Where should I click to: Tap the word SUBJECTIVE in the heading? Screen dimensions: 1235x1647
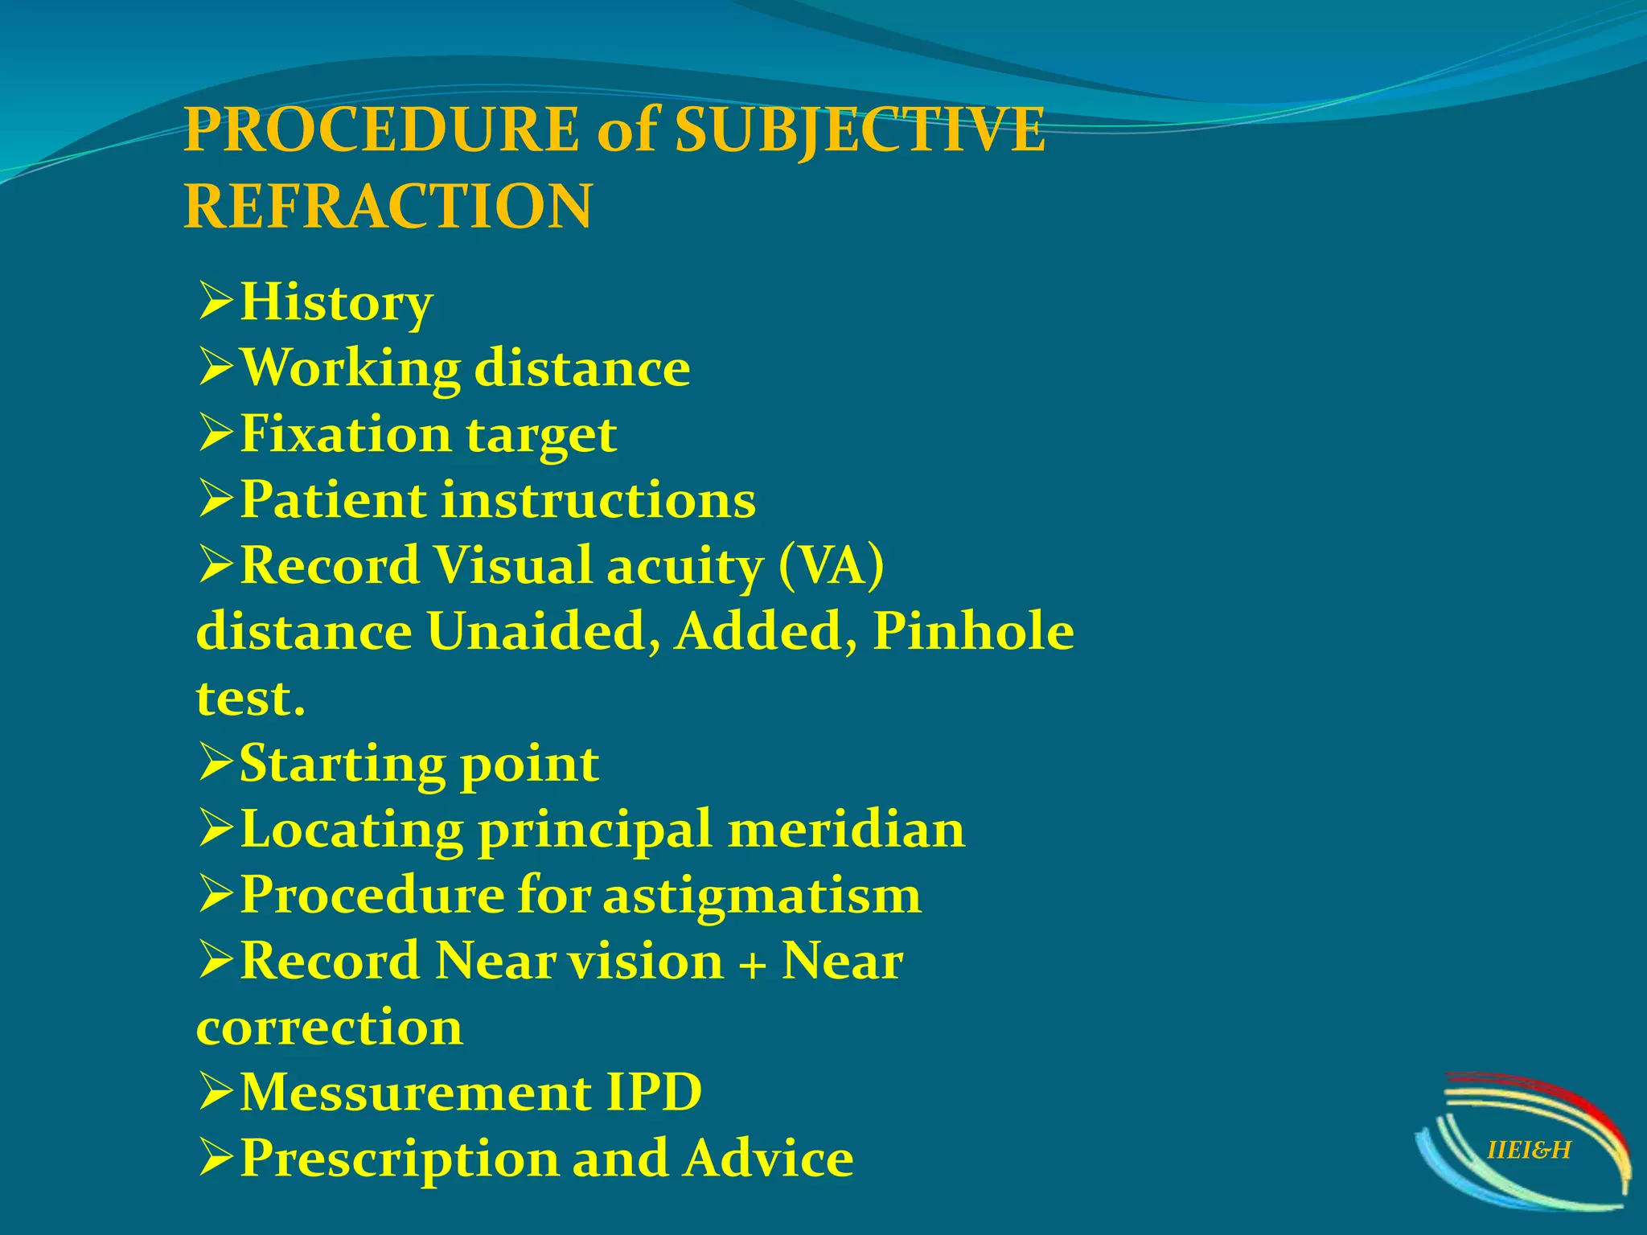click(x=860, y=131)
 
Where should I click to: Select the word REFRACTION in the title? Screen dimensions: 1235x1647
click(x=388, y=206)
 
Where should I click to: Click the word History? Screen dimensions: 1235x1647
click(x=336, y=304)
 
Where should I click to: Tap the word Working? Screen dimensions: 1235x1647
click(x=350, y=368)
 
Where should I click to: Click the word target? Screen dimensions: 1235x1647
click(x=541, y=436)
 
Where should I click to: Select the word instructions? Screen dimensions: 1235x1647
click(x=598, y=499)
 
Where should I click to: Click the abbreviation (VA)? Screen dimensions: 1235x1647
click(x=832, y=565)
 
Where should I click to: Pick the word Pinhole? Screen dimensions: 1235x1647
click(x=973, y=631)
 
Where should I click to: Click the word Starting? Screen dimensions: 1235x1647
click(x=341, y=764)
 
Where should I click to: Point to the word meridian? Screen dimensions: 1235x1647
click(x=846, y=829)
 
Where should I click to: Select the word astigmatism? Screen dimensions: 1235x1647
click(x=762, y=896)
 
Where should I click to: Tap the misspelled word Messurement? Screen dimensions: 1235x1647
click(x=416, y=1093)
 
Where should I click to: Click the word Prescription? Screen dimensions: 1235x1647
click(x=399, y=1159)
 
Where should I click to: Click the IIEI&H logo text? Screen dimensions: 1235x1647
click(x=1529, y=1151)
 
